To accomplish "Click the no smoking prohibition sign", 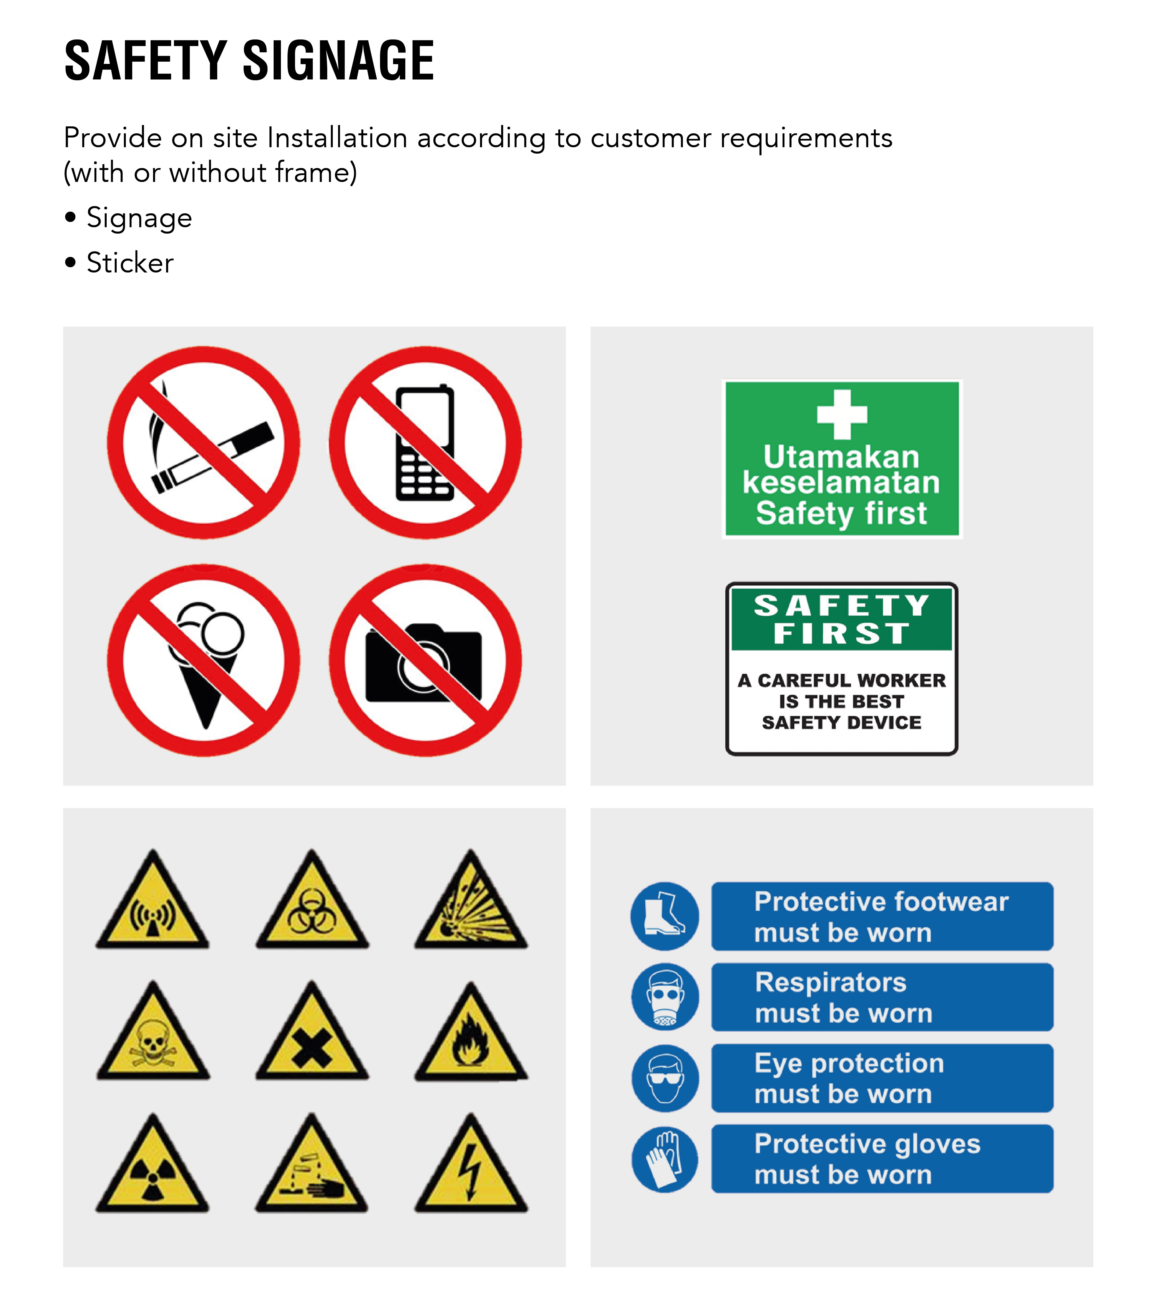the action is (x=203, y=442).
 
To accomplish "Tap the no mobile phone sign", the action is (x=425, y=442).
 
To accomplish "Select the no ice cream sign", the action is (x=203, y=661).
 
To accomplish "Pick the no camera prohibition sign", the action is (x=425, y=661).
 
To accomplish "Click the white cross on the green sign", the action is (x=842, y=414).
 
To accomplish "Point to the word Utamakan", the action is (x=841, y=457).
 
